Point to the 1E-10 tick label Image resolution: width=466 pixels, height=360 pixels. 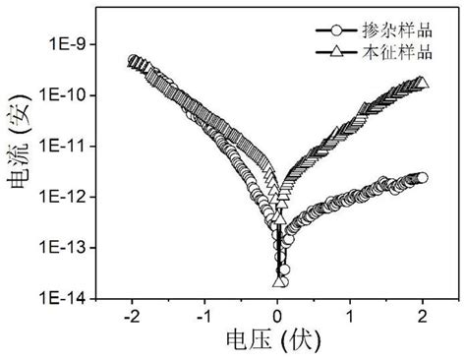pyautogui.click(x=66, y=94)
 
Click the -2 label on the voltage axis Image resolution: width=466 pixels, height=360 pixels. pyautogui.click(x=131, y=318)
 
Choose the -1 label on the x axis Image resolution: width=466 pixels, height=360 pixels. pyautogui.click(x=204, y=318)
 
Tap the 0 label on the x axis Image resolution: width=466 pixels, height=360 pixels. pyautogui.click(x=278, y=318)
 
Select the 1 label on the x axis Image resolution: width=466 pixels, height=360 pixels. pyautogui.click(x=351, y=318)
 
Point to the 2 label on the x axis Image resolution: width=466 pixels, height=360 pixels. pyautogui.click(x=423, y=318)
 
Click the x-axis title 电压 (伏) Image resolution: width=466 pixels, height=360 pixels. pyautogui.click(x=277, y=343)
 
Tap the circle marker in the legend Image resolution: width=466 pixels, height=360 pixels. pyautogui.click(x=336, y=29)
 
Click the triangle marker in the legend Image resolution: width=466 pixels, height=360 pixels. pyautogui.click(x=336, y=47)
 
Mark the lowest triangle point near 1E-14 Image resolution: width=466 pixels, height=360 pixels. pyautogui.click(x=279, y=282)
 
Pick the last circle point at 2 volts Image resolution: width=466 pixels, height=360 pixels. pyautogui.click(x=423, y=178)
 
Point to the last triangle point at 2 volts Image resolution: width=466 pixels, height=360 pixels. pyautogui.click(x=423, y=82)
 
